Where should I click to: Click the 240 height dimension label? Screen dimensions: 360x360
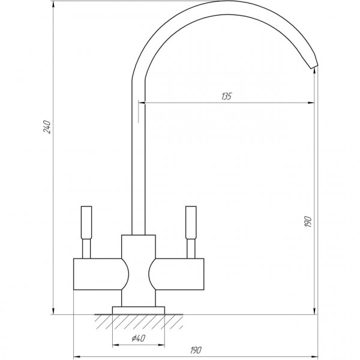(x=48, y=128)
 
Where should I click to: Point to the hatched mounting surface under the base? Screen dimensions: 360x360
(x=139, y=321)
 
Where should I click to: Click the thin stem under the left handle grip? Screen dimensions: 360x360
(x=85, y=247)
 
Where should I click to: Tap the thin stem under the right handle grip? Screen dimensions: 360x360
(x=191, y=247)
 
